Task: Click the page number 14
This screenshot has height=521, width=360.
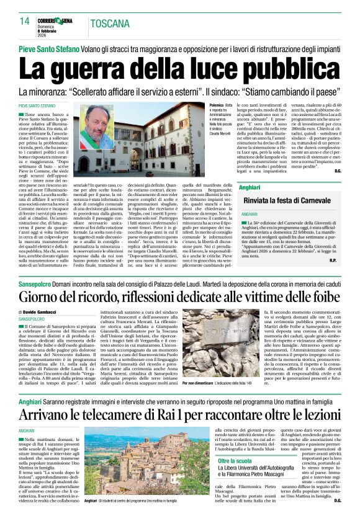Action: coord(24,21)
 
